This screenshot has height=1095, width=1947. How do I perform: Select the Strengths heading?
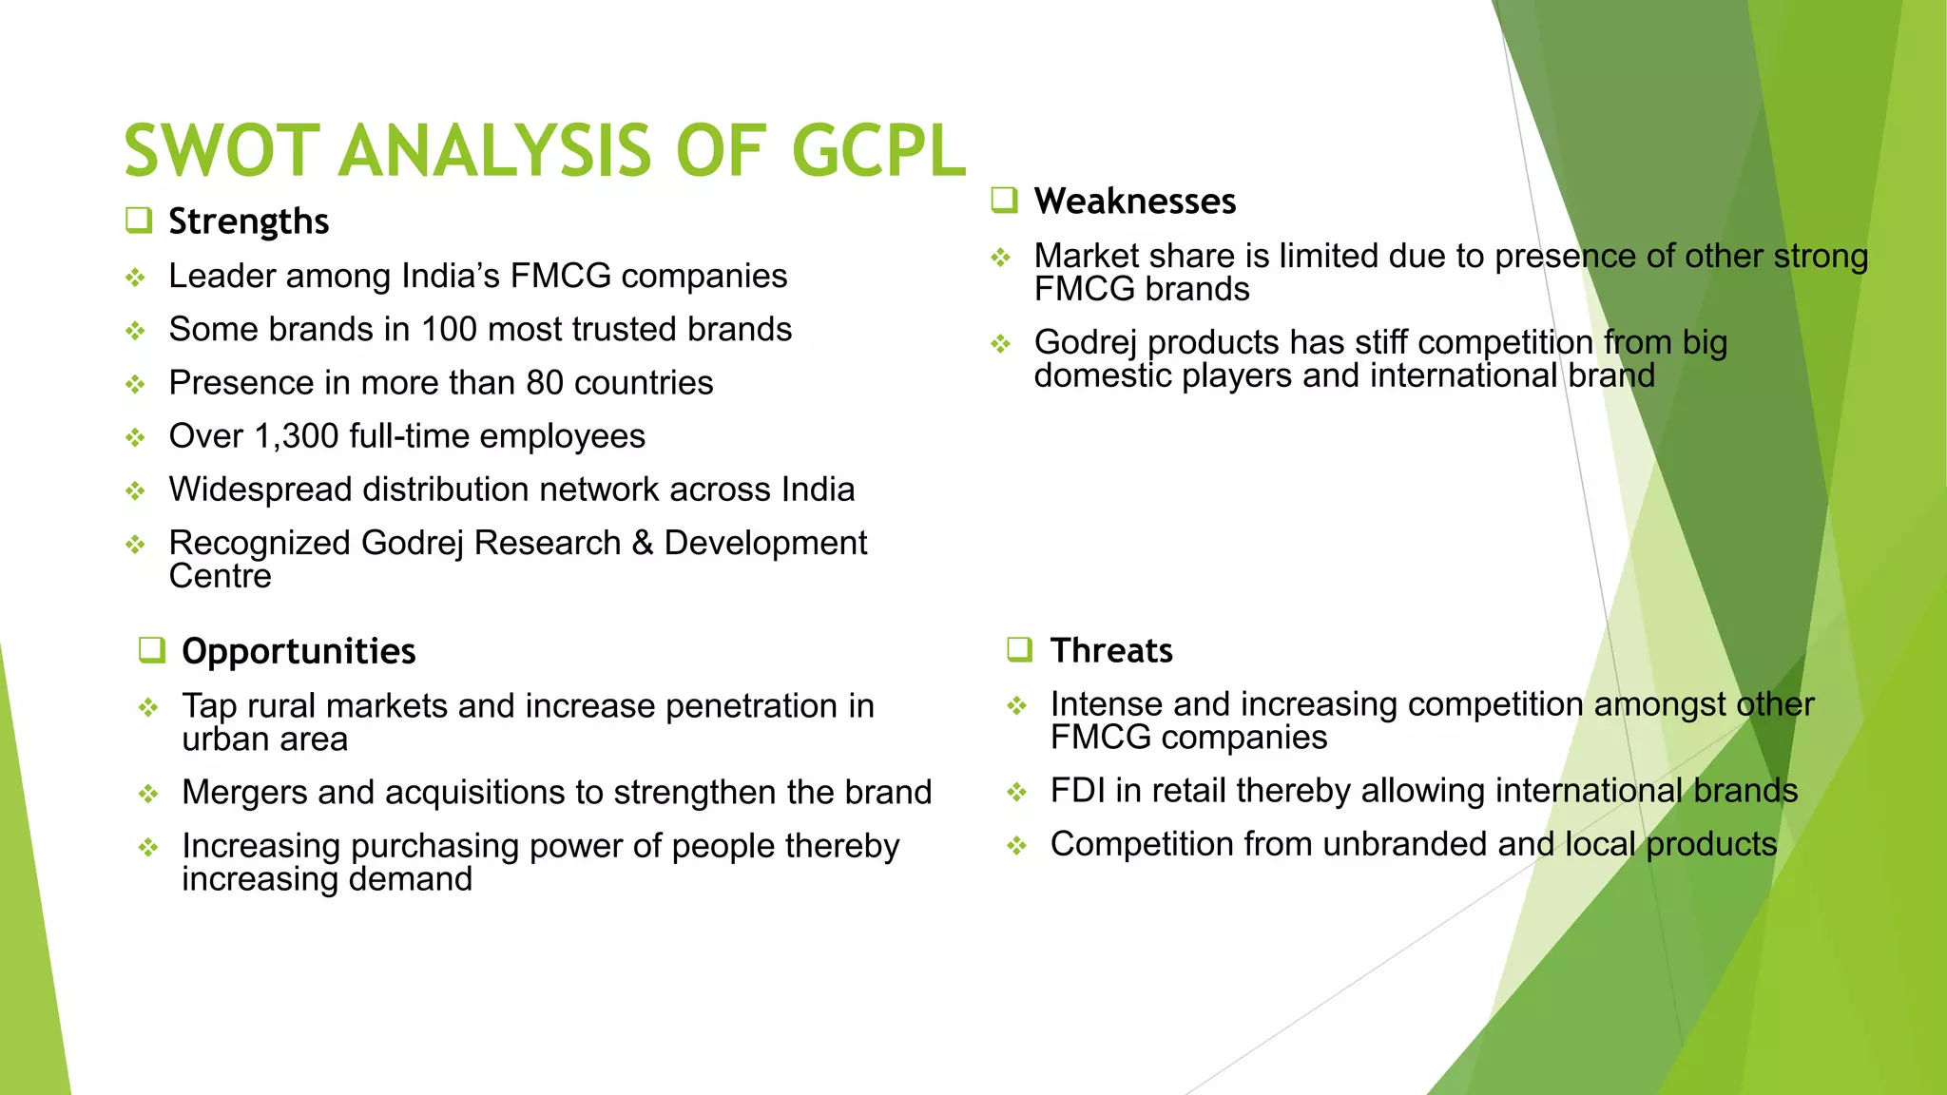pyautogui.click(x=248, y=221)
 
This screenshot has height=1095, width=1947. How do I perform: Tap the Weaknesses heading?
pyautogui.click(x=1135, y=202)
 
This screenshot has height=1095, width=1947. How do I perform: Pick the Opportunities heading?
pyautogui.click(x=299, y=651)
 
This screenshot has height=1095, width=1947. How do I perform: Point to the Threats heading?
pyautogui.click(x=1111, y=650)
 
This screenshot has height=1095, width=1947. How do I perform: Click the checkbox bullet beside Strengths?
pyautogui.click(x=139, y=221)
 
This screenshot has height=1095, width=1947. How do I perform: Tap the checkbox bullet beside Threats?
pyautogui.click(x=1019, y=649)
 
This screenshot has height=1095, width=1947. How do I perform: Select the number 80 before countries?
pyautogui.click(x=545, y=383)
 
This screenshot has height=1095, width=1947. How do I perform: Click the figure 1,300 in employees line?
pyautogui.click(x=297, y=436)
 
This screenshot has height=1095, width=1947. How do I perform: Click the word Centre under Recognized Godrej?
pyautogui.click(x=220, y=577)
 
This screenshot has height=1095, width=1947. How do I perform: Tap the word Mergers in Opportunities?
pyautogui.click(x=244, y=793)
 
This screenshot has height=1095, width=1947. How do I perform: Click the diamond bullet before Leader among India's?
pyautogui.click(x=136, y=278)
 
